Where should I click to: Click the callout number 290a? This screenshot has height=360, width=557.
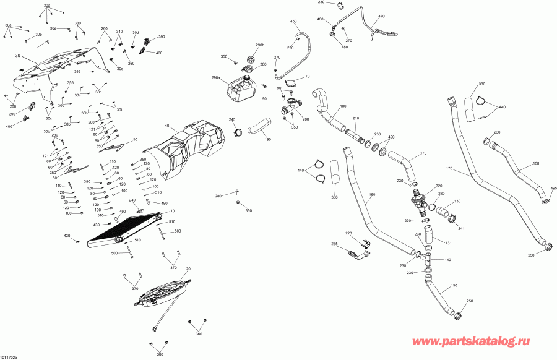[216, 78]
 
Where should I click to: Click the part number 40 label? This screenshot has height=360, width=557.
[166, 126]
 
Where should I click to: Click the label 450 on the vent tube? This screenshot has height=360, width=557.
[294, 21]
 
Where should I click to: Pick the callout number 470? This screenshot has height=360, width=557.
[381, 16]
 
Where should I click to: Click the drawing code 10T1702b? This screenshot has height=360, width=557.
[11, 356]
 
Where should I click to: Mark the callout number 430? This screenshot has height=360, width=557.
[67, 236]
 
